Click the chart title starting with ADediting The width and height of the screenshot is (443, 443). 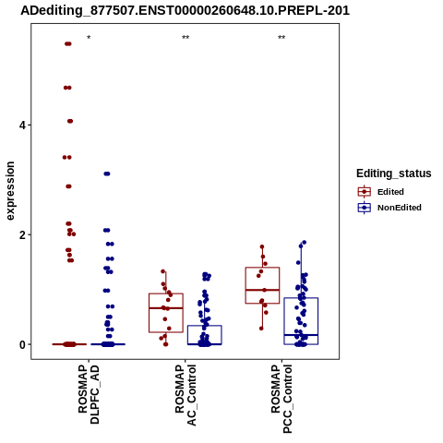coord(185,11)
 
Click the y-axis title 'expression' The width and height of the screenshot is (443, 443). coord(10,191)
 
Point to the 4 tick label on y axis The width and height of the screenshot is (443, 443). coord(22,125)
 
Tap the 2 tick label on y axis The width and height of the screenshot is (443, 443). coord(22,234)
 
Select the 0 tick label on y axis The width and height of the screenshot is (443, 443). coord(22,344)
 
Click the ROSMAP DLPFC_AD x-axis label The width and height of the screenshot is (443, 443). coord(89,394)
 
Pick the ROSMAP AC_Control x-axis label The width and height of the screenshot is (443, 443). coord(186,395)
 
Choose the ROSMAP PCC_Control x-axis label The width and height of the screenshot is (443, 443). coord(281,399)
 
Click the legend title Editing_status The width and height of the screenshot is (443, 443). coord(394,174)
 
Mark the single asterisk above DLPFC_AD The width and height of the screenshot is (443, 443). coord(89,38)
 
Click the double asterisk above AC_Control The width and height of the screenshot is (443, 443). coord(186,37)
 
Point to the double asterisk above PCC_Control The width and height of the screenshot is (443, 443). coord(281,37)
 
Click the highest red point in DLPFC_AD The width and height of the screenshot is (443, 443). coord(68,43)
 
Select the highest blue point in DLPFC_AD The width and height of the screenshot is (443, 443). coord(107,174)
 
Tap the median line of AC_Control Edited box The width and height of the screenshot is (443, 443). coord(166,308)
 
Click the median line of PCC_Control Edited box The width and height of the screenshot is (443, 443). coord(262,290)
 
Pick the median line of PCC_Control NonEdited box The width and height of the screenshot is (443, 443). coord(301,335)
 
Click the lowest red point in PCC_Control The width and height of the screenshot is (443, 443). coord(261,329)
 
